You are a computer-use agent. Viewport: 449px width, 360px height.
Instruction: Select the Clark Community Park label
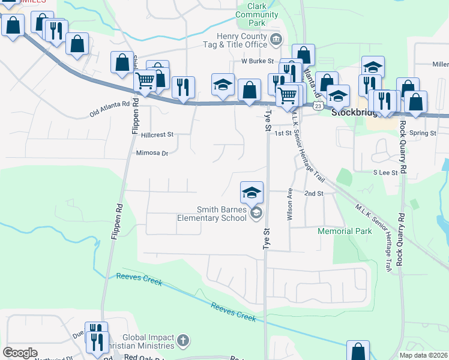point(257,14)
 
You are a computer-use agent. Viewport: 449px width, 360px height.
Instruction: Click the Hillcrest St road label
point(157,135)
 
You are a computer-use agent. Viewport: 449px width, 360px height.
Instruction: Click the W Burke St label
point(258,61)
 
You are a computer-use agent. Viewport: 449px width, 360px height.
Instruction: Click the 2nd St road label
point(313,194)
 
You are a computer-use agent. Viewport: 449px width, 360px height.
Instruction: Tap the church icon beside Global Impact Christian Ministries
point(184,341)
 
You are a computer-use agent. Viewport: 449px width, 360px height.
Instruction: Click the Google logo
point(20,353)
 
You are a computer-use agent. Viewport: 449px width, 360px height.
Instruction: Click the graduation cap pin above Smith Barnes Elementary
point(252,192)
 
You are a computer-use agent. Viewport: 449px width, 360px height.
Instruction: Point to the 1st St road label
point(282,133)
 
